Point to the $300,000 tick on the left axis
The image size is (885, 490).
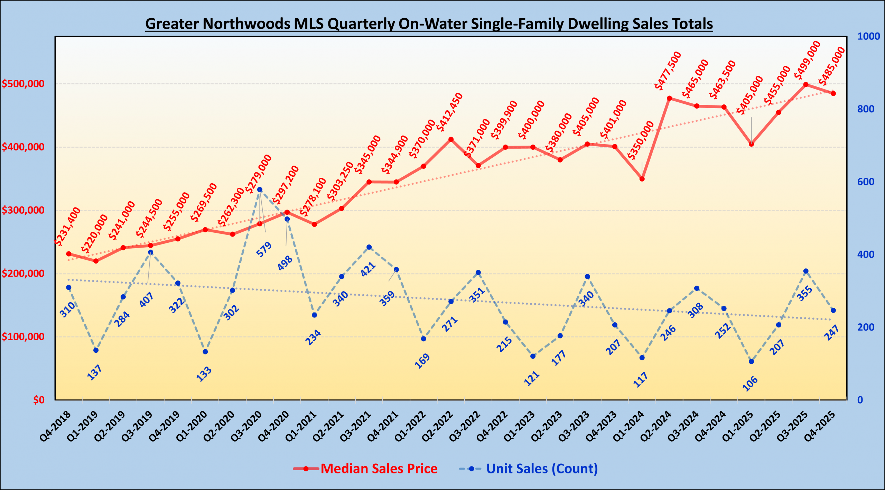tap(23, 210)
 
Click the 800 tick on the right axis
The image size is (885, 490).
tap(866, 109)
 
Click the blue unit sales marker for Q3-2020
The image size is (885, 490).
tap(260, 189)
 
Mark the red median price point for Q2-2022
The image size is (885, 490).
tap(451, 139)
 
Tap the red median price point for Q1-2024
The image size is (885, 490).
tap(642, 179)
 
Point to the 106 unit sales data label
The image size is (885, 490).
tap(750, 383)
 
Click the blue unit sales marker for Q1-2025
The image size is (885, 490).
tap(751, 362)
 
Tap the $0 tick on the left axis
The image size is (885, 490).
tap(39, 400)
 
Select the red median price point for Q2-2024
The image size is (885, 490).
tap(669, 98)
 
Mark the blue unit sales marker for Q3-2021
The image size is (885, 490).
tap(369, 247)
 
